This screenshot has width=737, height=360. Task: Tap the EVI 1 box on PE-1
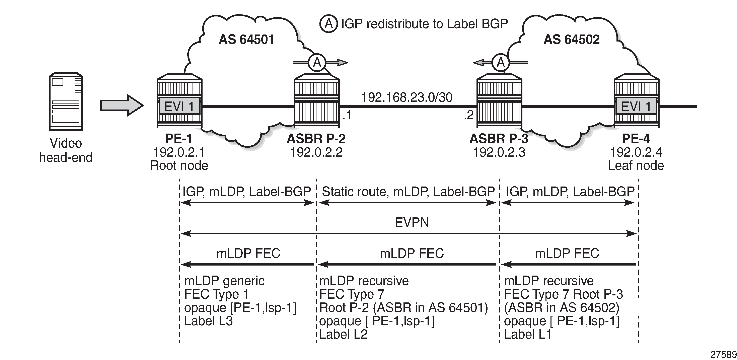(179, 107)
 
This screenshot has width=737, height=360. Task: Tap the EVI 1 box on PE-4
(636, 107)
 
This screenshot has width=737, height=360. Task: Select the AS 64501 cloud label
(246, 40)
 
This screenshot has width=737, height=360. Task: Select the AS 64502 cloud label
(571, 40)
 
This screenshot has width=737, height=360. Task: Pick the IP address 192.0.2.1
(179, 152)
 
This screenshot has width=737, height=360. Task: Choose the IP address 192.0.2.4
(636, 152)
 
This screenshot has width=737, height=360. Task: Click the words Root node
(179, 166)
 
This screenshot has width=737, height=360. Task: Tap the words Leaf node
(636, 166)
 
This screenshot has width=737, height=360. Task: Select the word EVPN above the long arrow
(412, 222)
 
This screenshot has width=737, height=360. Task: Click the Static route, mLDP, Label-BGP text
(408, 192)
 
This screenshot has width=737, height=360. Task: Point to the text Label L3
(208, 321)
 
